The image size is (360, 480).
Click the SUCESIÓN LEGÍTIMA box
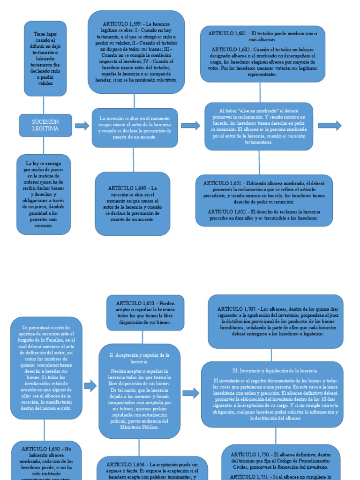point(45,125)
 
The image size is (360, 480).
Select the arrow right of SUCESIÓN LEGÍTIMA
point(82,125)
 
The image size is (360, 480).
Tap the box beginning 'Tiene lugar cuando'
point(45,59)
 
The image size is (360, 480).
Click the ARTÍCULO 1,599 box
point(136,52)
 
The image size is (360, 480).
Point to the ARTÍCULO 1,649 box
point(133,203)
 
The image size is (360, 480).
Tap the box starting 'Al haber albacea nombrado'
point(259,126)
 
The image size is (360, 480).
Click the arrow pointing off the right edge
point(330,125)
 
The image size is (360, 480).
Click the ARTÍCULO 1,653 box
point(145,313)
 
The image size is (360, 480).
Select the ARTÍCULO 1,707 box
point(275,321)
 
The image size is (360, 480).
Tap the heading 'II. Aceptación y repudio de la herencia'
point(139,358)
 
